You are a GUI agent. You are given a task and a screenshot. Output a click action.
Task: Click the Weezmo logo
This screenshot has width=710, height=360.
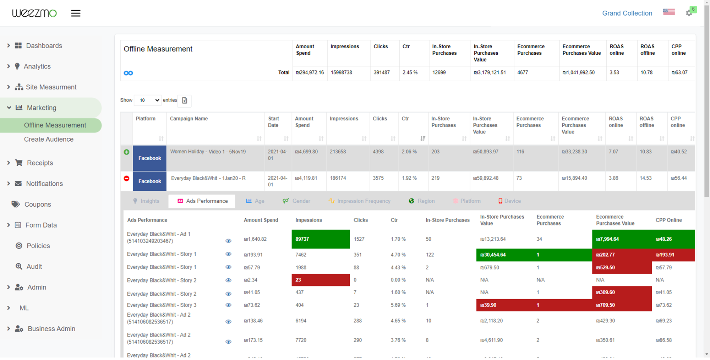tap(34, 13)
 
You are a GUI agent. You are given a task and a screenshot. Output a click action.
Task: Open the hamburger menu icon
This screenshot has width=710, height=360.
tap(76, 13)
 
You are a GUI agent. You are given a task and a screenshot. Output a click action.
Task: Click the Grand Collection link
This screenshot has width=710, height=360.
tap(627, 13)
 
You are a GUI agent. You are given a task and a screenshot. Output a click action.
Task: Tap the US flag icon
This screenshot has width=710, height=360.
tap(669, 12)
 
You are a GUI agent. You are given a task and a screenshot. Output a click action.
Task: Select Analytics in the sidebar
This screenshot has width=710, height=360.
tap(37, 66)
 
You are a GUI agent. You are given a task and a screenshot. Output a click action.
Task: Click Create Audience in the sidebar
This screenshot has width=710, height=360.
tap(49, 139)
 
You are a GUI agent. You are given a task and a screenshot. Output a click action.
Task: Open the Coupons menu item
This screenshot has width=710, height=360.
tap(38, 204)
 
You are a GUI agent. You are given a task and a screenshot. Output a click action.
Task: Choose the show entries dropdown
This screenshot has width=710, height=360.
tap(148, 100)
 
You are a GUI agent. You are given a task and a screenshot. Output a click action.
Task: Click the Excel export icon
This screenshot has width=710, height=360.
tap(185, 100)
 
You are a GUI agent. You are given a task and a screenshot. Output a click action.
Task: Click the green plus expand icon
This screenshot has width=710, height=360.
tap(126, 152)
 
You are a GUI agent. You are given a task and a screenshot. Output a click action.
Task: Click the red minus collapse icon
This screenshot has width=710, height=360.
tap(126, 178)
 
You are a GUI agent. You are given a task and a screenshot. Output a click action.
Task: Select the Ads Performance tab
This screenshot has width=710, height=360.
tap(202, 201)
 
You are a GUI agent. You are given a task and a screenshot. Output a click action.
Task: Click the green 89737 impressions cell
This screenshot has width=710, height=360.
tap(320, 239)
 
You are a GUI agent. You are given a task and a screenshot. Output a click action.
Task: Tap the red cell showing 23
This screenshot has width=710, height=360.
tap(320, 280)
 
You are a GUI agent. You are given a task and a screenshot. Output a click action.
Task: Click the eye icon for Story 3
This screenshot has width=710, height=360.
tap(228, 305)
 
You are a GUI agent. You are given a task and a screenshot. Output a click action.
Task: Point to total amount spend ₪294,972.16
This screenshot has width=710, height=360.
tap(310, 72)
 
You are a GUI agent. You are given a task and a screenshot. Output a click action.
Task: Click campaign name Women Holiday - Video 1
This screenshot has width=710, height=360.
tap(208, 152)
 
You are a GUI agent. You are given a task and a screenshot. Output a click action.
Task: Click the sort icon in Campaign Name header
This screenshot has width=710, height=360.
tap(259, 138)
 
